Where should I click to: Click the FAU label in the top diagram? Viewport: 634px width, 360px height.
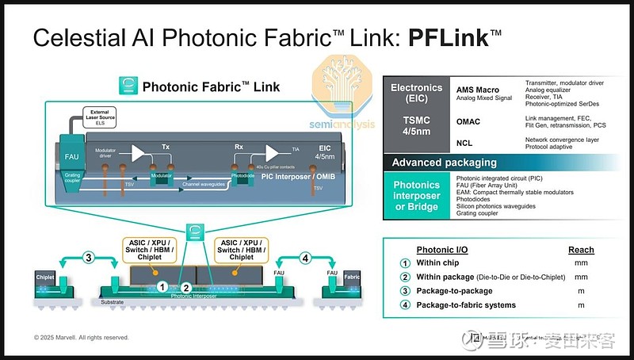pos(71,156)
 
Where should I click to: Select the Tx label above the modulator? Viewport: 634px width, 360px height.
pos(166,147)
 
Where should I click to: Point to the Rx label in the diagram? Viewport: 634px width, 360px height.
pos(239,147)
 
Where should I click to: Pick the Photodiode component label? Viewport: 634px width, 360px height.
pos(239,176)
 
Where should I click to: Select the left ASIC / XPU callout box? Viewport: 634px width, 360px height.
pos(151,249)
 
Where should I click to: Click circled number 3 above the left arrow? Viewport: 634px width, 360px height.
pos(90,258)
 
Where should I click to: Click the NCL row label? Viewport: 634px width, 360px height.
pos(466,143)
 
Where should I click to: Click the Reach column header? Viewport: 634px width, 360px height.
pos(581,250)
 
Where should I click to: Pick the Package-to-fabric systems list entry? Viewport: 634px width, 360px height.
pos(466,304)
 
